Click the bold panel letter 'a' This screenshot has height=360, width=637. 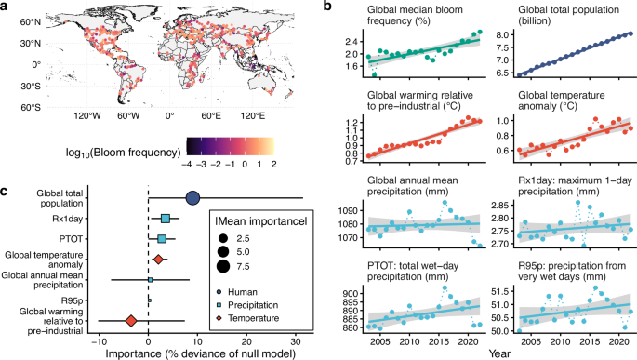(x=6, y=7)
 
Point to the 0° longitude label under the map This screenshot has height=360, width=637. (x=170, y=118)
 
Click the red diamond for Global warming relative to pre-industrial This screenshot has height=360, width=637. (x=131, y=320)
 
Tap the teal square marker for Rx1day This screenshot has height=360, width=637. (x=166, y=219)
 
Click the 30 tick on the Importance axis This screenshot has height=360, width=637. (x=296, y=340)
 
